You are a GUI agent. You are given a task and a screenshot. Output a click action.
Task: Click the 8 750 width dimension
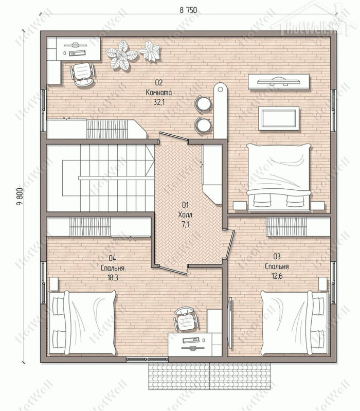(x=188, y=10)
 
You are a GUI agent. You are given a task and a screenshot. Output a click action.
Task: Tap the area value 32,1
(x=159, y=102)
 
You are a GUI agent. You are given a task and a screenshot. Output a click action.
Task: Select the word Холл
(x=185, y=215)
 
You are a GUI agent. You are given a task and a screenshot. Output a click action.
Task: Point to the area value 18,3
(x=113, y=278)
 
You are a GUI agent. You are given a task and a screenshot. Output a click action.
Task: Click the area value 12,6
(x=277, y=276)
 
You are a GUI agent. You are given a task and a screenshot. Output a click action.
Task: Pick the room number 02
(x=159, y=83)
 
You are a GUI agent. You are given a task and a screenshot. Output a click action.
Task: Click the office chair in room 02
(x=82, y=74)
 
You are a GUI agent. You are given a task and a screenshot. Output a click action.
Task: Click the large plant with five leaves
(x=121, y=56)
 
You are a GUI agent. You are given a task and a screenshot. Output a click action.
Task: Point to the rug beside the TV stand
(x=279, y=118)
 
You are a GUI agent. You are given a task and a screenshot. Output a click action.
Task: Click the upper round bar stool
(x=203, y=103)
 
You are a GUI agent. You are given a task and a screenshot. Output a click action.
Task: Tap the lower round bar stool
(x=203, y=125)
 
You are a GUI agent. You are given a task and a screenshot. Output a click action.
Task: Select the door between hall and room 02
(x=173, y=137)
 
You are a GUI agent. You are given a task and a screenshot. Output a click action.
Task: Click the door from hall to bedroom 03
(x=230, y=244)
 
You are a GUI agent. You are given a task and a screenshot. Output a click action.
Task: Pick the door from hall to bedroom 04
(x=173, y=270)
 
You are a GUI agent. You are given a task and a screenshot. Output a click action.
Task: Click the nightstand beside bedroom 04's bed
(x=53, y=284)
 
